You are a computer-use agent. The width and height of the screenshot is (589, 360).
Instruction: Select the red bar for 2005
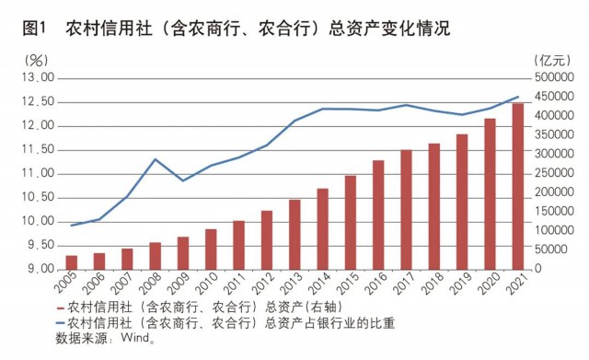71,262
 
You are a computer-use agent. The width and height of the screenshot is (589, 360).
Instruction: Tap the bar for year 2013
294,234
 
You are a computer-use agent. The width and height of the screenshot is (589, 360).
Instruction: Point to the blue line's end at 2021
518,97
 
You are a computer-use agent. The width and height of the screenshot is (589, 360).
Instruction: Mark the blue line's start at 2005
71,225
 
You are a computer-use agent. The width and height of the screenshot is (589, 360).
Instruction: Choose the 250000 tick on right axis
556,173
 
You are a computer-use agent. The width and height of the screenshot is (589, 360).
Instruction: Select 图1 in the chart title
35,28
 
